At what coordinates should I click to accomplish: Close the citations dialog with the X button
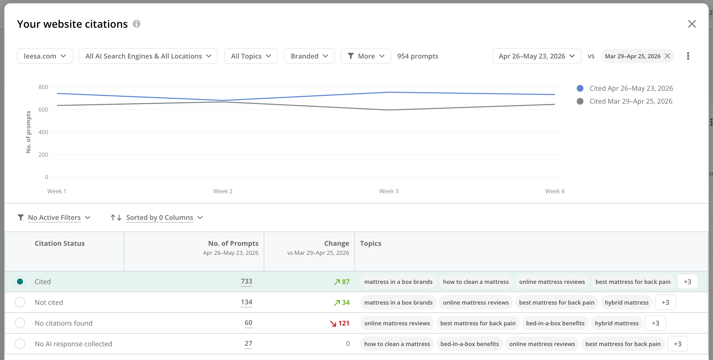click(x=692, y=24)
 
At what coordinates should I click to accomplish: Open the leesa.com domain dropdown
click(x=45, y=56)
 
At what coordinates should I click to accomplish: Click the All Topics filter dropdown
click(x=251, y=56)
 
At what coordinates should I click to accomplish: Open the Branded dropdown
click(x=309, y=56)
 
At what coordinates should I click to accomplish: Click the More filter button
click(x=366, y=56)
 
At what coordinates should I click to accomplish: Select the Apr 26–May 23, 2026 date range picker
click(x=536, y=56)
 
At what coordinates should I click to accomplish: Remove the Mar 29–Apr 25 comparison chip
click(x=667, y=56)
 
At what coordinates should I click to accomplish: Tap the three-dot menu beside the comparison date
click(x=688, y=56)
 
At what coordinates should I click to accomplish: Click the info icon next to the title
click(x=137, y=24)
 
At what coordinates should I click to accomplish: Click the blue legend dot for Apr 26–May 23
click(x=580, y=88)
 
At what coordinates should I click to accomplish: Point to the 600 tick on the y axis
click(x=43, y=110)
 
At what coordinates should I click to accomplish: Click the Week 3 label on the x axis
click(x=389, y=191)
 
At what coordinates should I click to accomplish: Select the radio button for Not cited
click(x=20, y=302)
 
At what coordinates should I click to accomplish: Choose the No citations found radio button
click(x=20, y=323)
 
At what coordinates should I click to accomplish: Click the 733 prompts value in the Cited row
click(x=246, y=281)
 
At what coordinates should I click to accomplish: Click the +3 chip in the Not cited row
click(x=665, y=303)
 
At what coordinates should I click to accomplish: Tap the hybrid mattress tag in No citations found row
click(x=617, y=323)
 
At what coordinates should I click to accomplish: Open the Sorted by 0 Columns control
click(x=160, y=218)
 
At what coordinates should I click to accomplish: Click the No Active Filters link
click(x=54, y=218)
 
